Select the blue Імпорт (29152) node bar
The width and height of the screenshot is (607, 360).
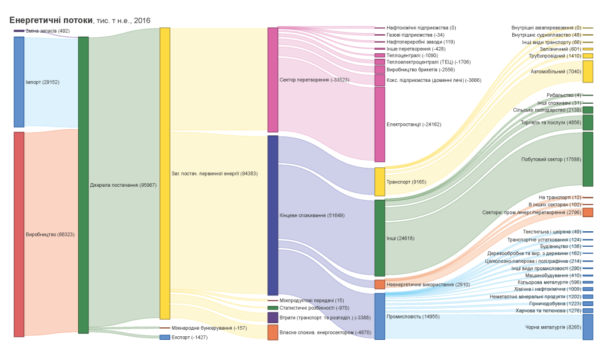point(19,82)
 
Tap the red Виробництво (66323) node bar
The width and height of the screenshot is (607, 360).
point(19,234)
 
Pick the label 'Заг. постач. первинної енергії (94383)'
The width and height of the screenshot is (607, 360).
point(209,174)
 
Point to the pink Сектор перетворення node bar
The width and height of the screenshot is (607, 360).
point(273,79)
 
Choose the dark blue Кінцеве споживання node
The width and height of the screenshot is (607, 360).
point(273,215)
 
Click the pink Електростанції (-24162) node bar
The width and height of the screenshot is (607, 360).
point(379,125)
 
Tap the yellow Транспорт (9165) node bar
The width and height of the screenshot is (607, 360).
point(379,181)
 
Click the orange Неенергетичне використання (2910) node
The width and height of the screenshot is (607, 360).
point(379,285)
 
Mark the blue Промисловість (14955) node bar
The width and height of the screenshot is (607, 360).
point(379,316)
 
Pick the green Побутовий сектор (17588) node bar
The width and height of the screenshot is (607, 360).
point(587,159)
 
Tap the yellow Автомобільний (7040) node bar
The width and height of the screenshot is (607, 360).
point(587,71)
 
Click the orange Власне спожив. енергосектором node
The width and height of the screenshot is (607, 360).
point(273,332)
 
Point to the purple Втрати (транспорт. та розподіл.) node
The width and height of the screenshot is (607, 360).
point(273,317)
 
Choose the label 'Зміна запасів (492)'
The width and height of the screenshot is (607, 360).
point(47,31)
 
